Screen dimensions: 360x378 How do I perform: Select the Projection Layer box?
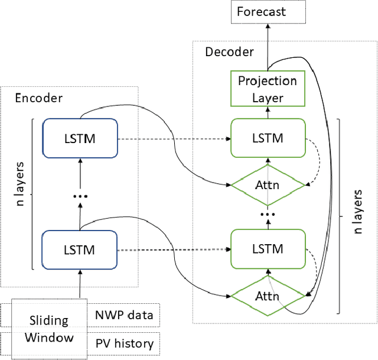click(268, 89)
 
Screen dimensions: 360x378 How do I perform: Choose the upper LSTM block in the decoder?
click(268, 138)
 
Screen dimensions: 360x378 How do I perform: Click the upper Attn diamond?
click(268, 185)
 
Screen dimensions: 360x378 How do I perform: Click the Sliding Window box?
click(49, 329)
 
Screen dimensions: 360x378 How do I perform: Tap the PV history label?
click(125, 343)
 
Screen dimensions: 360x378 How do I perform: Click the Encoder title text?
click(38, 98)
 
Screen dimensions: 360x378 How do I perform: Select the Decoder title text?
click(229, 52)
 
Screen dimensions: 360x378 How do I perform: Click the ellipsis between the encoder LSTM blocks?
click(80, 197)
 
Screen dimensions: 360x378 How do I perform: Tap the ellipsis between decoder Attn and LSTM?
click(268, 214)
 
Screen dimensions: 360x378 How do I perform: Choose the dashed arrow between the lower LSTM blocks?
click(174, 249)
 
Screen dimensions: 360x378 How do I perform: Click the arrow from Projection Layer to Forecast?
click(268, 47)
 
